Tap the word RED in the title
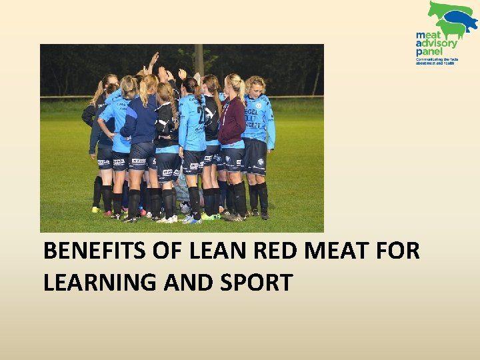(x=272, y=251)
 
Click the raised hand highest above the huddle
(x=155, y=58)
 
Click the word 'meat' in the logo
(x=428, y=35)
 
